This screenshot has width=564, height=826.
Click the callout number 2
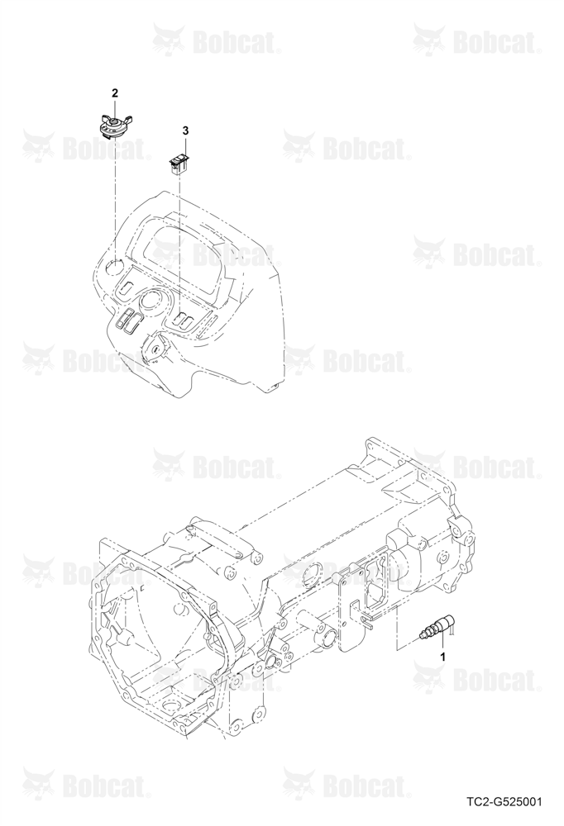tap(114, 93)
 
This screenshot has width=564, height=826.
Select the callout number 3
tap(185, 131)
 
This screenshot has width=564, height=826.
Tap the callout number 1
tap(443, 657)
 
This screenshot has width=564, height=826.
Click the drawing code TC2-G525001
tap(504, 803)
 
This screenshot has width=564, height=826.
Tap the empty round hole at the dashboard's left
tap(114, 267)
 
